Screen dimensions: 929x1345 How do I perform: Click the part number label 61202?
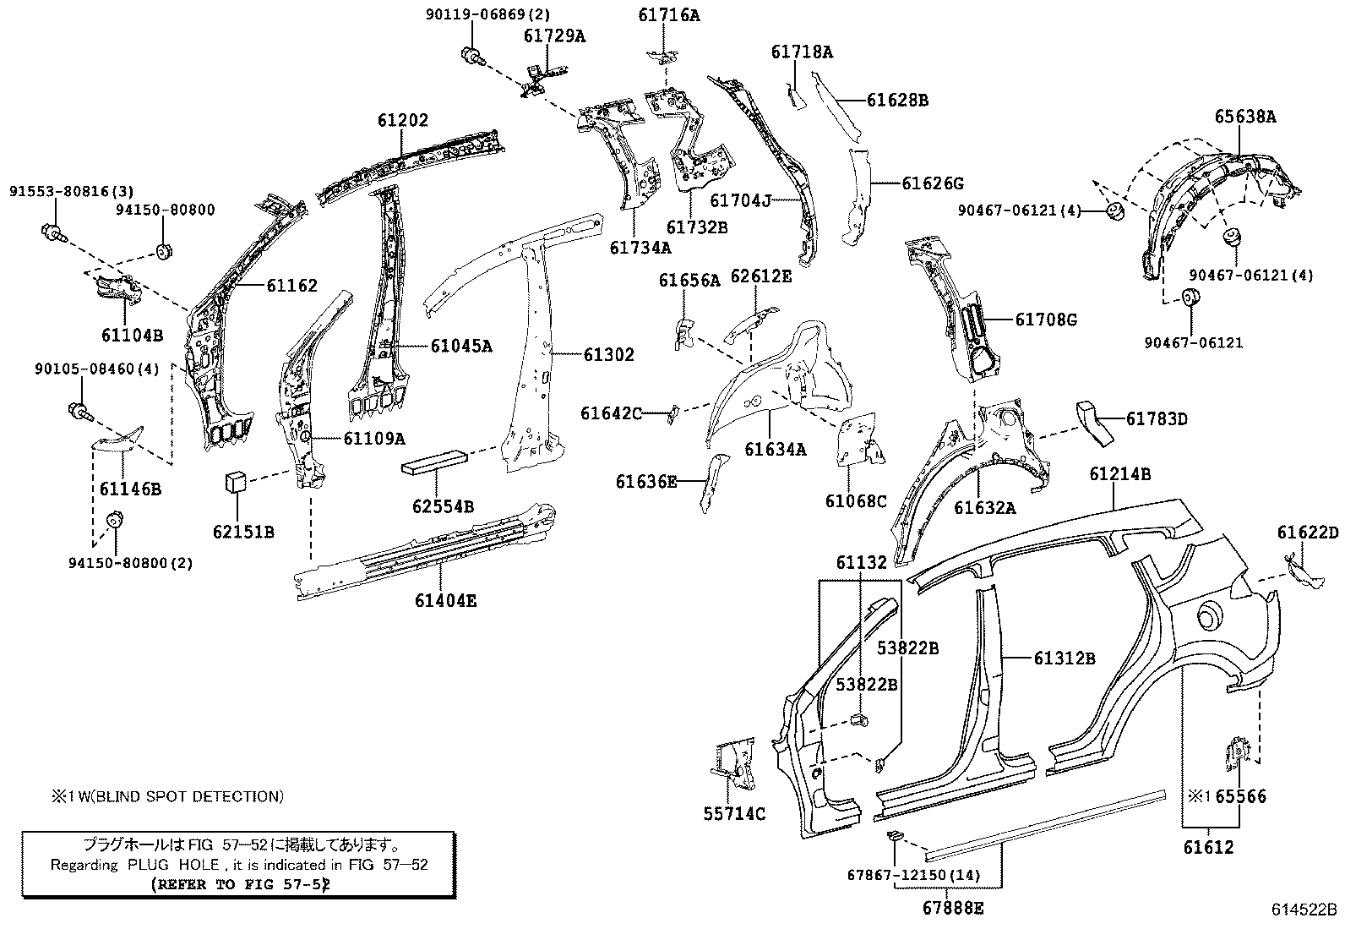pos(403,122)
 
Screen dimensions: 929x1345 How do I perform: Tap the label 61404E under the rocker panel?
pos(445,601)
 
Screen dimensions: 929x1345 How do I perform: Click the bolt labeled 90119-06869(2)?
pos(470,57)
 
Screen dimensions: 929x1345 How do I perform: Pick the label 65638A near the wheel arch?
pos(1245,117)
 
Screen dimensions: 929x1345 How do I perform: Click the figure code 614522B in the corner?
pos(1305,910)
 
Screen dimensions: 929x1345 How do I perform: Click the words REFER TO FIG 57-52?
pos(239,884)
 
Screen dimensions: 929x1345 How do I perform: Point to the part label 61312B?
pos(1065,658)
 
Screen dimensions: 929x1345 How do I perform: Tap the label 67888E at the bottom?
pos(952,909)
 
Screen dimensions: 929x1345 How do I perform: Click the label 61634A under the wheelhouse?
pos(775,450)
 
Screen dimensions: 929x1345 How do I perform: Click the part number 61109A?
pos(373,438)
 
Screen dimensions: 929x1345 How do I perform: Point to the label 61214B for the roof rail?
pos(1119,475)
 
